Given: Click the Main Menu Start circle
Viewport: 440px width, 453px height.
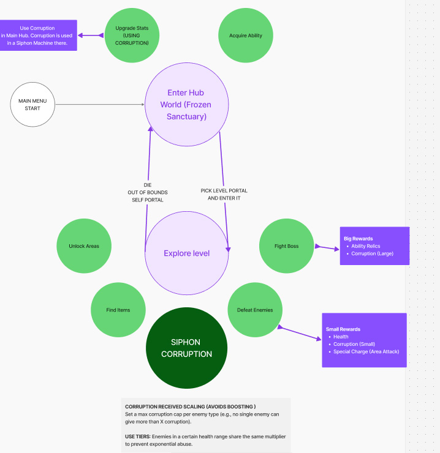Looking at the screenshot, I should pyautogui.click(x=32, y=105).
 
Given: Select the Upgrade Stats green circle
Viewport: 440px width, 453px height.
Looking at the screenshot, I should pyautogui.click(x=132, y=36).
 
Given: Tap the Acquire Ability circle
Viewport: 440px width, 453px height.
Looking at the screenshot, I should pyautogui.click(x=245, y=36).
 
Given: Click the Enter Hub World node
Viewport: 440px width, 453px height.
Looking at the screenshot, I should pyautogui.click(x=186, y=105).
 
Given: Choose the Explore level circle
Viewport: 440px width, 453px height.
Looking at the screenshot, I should pyautogui.click(x=186, y=253).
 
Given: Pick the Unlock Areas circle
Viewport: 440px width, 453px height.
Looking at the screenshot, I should pyautogui.click(x=84, y=246).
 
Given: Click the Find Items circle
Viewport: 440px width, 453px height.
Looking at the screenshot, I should pyautogui.click(x=118, y=310).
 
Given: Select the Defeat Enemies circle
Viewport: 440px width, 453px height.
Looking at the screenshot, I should pyautogui.click(x=255, y=310).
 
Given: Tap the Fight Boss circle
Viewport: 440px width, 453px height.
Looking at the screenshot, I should pyautogui.click(x=286, y=246).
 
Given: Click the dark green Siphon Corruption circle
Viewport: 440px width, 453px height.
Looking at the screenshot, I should pyautogui.click(x=186, y=348).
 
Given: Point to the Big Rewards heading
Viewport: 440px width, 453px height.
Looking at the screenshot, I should pyautogui.click(x=358, y=239).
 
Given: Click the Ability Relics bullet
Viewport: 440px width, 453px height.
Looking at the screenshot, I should pyautogui.click(x=366, y=246).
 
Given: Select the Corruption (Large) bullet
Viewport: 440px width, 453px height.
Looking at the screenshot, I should pyautogui.click(x=372, y=253).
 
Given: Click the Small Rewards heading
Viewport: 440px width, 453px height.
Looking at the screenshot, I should pyautogui.click(x=343, y=329).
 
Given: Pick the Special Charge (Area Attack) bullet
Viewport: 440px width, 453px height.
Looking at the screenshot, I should pyautogui.click(x=366, y=351).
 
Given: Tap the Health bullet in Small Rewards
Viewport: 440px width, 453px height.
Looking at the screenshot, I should pyautogui.click(x=341, y=337).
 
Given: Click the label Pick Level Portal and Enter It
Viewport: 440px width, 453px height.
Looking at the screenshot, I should pyautogui.click(x=224, y=195).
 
